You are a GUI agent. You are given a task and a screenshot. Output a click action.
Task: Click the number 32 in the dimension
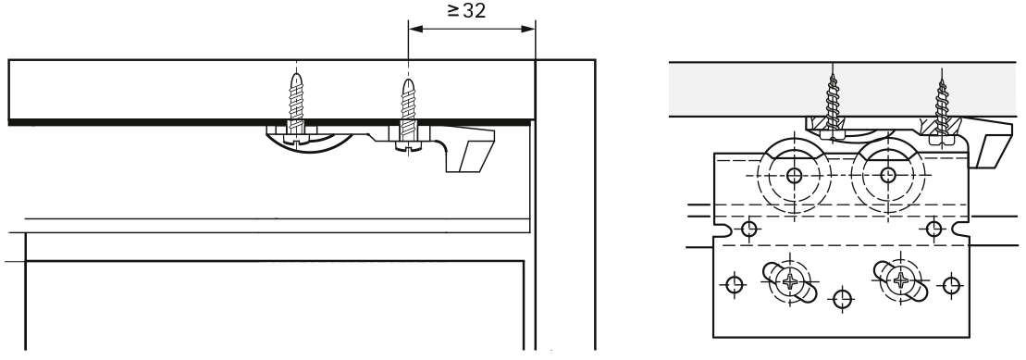tap(475, 10)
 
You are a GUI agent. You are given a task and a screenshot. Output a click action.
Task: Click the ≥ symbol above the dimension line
tap(453, 10)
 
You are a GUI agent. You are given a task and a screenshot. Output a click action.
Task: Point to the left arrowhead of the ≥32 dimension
tap(416, 29)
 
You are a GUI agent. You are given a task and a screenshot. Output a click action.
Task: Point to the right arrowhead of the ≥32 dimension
tap(527, 29)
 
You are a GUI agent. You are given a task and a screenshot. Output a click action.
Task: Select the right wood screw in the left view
tap(408, 115)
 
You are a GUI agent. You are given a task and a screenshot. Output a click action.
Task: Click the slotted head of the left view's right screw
tap(408, 147)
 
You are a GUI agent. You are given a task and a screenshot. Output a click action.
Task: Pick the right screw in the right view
tap(941, 108)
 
